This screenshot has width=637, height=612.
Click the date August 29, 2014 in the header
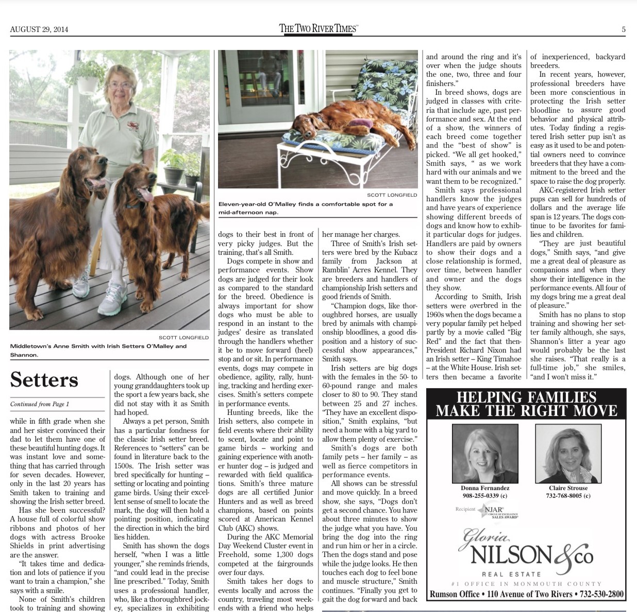pos(39,29)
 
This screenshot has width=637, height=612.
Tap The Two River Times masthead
pos(318,28)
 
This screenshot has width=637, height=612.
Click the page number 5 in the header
pos(623,29)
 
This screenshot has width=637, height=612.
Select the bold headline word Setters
pos(44,380)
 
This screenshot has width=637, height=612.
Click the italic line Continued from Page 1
pos(40,404)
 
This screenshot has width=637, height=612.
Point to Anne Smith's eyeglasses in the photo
pos(121,85)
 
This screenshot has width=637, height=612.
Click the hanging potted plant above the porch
pos(87,76)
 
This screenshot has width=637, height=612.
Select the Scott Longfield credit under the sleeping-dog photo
pos(392,195)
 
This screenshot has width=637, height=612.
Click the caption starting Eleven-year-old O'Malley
pos(306,208)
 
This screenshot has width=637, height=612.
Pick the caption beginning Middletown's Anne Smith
pos(98,350)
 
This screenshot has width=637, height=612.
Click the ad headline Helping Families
pos(526,404)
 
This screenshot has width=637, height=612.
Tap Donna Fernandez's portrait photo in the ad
pos(484,453)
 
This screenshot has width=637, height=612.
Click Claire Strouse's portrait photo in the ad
pos(568,453)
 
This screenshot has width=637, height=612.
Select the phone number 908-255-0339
pos(485,496)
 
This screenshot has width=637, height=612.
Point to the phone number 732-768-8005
pos(568,496)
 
